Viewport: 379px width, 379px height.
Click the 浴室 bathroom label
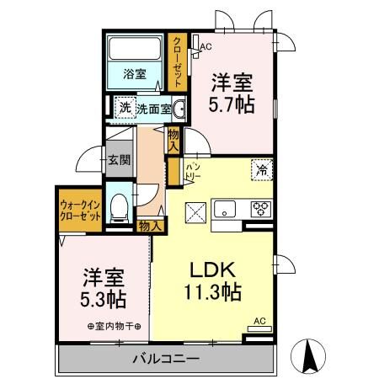[135, 74]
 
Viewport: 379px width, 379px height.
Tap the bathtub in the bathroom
[135, 48]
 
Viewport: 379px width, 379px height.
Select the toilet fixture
[119, 208]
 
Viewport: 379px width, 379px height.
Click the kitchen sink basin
[224, 209]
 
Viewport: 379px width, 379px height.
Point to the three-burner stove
[261, 209]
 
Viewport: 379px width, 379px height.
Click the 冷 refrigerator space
[262, 170]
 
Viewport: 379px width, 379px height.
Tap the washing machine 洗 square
[125, 108]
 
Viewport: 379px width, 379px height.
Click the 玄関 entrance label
[120, 160]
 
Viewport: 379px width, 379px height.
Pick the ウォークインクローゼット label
[80, 211]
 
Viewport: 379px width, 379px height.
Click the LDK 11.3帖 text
[213, 281]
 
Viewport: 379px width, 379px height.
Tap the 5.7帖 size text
[232, 105]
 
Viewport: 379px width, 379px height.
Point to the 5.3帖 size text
[103, 300]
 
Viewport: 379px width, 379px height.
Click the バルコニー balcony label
[166, 359]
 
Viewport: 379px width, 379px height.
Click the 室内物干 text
[114, 327]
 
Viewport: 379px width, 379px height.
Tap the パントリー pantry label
[192, 171]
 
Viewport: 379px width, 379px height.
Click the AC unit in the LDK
[259, 329]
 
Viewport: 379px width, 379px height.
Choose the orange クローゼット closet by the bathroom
[177, 62]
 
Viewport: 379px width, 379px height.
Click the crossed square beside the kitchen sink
[195, 213]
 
